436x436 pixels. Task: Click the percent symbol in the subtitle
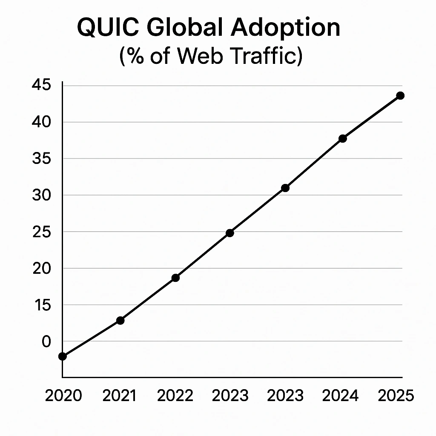[134, 57]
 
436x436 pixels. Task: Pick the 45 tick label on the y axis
[41, 86]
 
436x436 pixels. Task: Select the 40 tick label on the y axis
[41, 122]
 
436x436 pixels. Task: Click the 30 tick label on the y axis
[41, 195]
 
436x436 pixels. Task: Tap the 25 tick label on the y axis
[41, 232]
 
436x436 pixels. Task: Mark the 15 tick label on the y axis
[41, 305]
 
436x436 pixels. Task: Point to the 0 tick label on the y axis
[46, 341]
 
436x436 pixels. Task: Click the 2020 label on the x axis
[63, 396]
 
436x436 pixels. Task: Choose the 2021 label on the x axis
[120, 396]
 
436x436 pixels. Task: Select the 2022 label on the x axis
[175, 396]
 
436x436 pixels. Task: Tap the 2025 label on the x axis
[396, 396]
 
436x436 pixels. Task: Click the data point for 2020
[63, 356]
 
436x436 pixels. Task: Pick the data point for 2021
[120, 320]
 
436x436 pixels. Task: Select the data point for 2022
[175, 278]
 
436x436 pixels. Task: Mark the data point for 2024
[343, 138]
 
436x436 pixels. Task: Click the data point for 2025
[400, 95]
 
